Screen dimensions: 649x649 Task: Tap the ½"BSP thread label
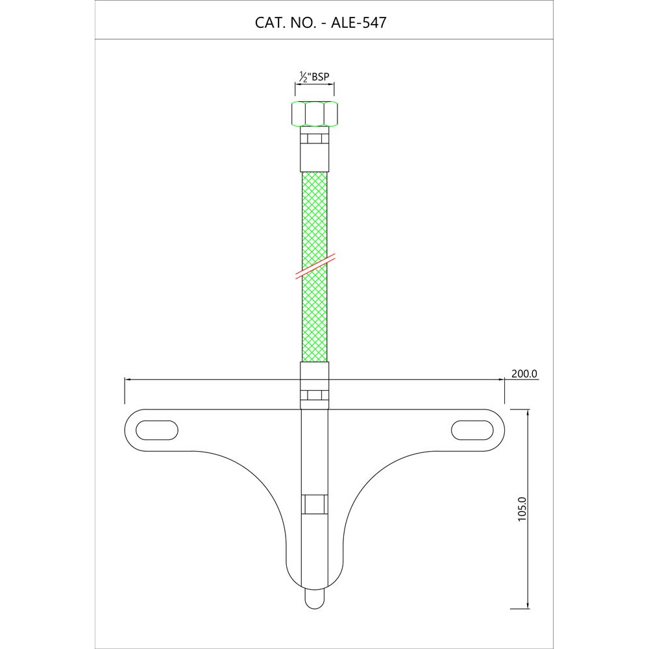pyautogui.click(x=314, y=77)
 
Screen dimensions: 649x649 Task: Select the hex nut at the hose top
pyautogui.click(x=314, y=114)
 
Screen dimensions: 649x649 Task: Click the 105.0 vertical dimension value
pyautogui.click(x=522, y=508)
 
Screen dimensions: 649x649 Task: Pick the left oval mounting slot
pyautogui.click(x=158, y=430)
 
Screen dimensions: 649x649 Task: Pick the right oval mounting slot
pyautogui.click(x=472, y=430)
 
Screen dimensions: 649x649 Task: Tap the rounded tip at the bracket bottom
pyautogui.click(x=314, y=598)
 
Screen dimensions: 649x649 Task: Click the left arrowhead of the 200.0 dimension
pyautogui.click(x=127, y=380)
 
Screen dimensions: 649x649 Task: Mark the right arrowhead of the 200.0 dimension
pyautogui.click(x=501, y=380)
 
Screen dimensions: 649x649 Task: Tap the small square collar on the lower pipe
pyautogui.click(x=314, y=504)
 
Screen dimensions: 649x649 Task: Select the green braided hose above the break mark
pyautogui.click(x=314, y=214)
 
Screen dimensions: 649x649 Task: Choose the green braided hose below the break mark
pyautogui.click(x=314, y=318)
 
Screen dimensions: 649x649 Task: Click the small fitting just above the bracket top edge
pyautogui.click(x=314, y=395)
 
